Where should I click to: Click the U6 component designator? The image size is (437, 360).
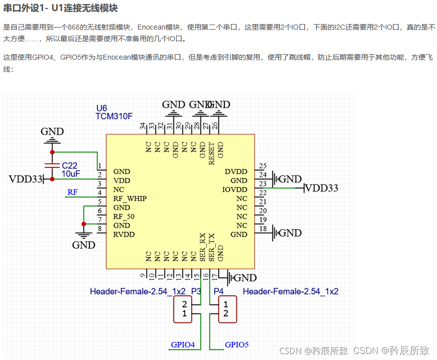click(x=101, y=108)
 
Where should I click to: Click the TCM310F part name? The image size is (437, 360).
click(x=114, y=116)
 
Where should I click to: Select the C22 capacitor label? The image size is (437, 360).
click(x=70, y=165)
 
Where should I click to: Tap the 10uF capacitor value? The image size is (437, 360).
click(x=71, y=173)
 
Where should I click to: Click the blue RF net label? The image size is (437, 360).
click(x=73, y=192)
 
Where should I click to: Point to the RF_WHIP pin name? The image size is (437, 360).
click(x=129, y=199)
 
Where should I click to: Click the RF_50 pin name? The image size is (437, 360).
click(x=123, y=217)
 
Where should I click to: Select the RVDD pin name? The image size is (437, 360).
click(x=123, y=235)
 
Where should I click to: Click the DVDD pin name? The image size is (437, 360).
click(x=236, y=171)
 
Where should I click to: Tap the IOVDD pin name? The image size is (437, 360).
click(x=234, y=190)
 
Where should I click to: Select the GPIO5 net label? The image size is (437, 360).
click(x=237, y=344)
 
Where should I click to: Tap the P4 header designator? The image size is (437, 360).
click(x=218, y=291)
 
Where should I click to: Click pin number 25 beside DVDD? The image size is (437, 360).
click(x=262, y=166)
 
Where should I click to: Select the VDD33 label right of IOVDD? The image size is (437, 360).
click(x=322, y=189)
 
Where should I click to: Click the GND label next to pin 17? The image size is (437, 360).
click(x=245, y=278)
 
